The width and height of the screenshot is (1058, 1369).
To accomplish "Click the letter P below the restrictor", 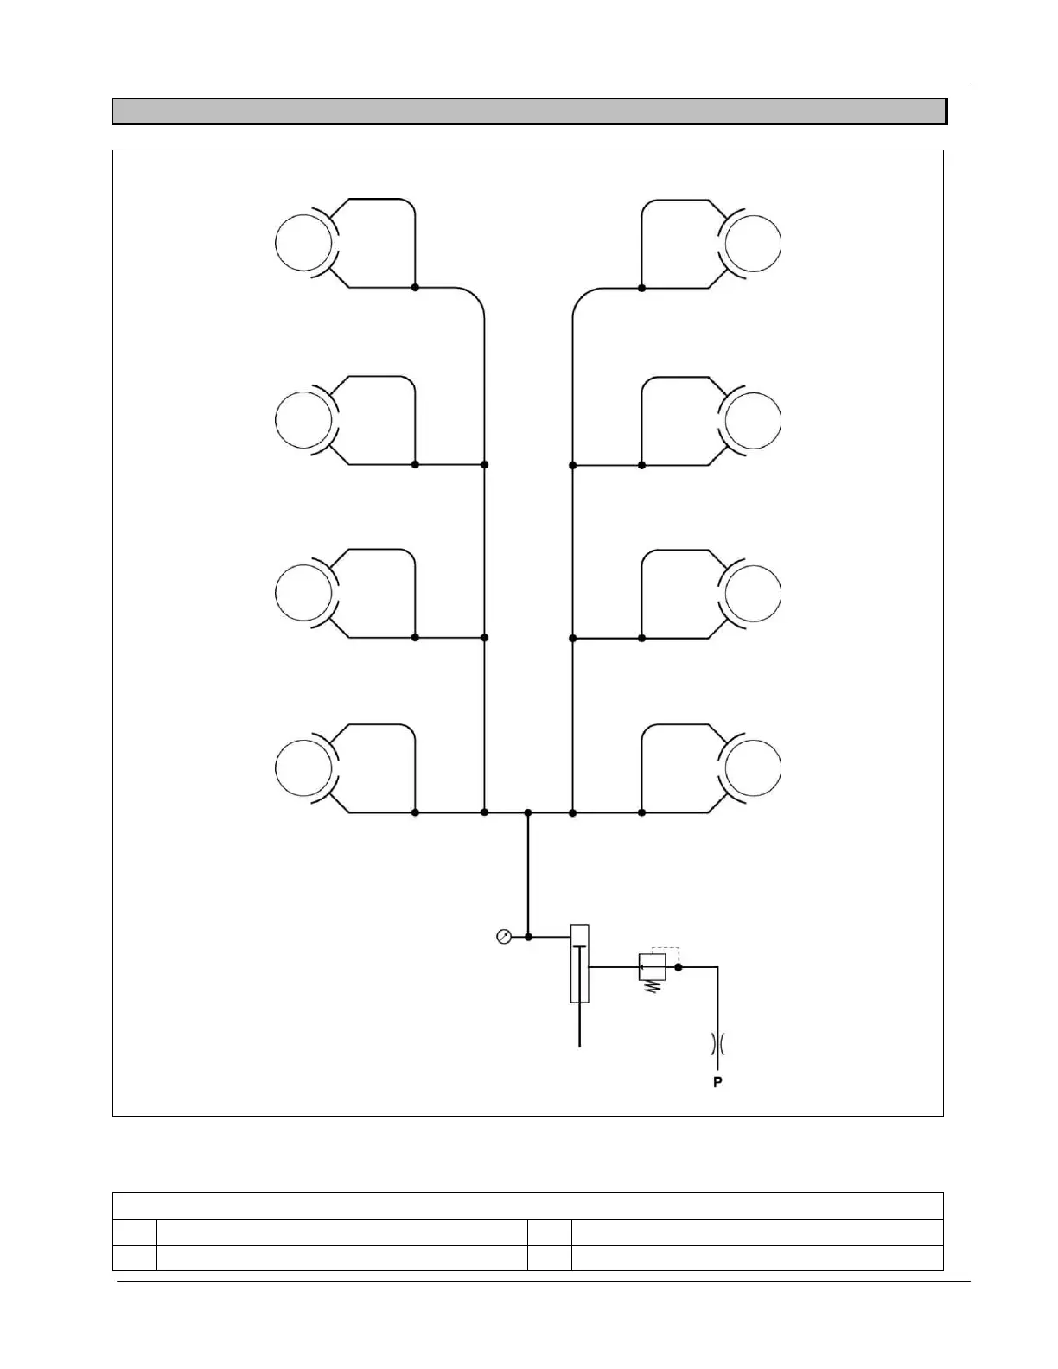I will pos(717,1082).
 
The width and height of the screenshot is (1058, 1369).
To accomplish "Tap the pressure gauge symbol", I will pos(504,936).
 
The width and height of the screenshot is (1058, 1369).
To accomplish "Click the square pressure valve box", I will pos(651,967).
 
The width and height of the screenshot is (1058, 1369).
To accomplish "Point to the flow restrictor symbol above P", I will pos(717,1045).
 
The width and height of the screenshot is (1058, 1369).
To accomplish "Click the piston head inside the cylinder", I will pos(579,947).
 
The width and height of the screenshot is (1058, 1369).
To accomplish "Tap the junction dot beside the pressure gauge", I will pos(528,936).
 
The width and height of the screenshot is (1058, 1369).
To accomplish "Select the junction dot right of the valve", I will pos(679,967).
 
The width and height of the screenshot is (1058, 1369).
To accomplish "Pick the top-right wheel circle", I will pos(753,243).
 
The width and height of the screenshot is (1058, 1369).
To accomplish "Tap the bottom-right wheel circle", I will pos(753,768).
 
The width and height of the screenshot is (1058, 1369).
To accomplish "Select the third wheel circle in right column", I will pos(753,594).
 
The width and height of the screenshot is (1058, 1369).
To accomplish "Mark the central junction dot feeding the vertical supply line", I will pos(528,812).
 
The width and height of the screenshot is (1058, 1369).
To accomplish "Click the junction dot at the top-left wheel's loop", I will pos(415,287).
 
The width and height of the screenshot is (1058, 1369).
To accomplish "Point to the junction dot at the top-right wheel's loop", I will pos(641,287).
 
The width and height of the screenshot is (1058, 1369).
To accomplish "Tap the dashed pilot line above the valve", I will pos(666,948).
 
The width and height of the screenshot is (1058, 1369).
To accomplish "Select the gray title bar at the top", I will pos(528,111).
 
